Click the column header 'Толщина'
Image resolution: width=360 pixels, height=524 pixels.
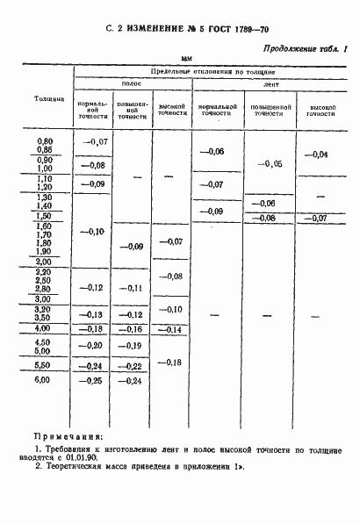pyautogui.click(x=49, y=97)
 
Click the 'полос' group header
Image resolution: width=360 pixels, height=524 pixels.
pyautogui.click(x=132, y=83)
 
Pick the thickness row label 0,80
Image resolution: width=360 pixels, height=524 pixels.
pyautogui.click(x=43, y=140)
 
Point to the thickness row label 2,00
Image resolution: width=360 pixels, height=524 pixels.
pyautogui.click(x=43, y=262)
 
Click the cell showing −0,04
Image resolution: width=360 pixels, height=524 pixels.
pyautogui.click(x=316, y=154)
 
